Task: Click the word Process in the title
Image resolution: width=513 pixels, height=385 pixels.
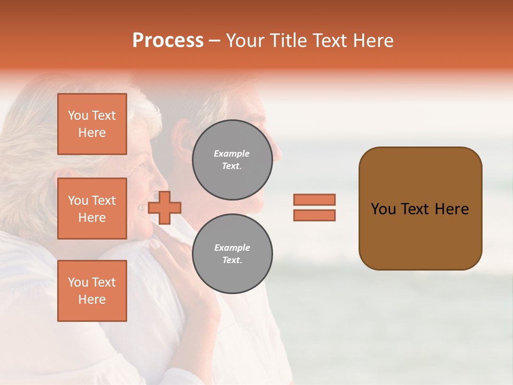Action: coord(168,41)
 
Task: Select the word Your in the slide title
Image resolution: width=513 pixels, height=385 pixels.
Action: coord(245,41)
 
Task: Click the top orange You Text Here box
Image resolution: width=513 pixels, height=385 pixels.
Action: coord(92,124)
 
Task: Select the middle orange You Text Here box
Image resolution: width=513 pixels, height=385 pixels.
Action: coord(92,209)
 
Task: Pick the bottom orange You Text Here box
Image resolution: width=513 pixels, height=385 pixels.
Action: coord(92,291)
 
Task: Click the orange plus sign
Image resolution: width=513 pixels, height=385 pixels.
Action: coord(165,208)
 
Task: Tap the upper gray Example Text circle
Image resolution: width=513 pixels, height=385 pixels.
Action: coord(232,160)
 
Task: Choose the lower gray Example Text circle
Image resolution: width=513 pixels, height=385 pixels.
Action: coord(232,254)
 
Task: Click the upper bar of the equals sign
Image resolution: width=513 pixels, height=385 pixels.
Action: coord(314,199)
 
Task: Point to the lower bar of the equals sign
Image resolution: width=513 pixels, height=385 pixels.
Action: coord(314,215)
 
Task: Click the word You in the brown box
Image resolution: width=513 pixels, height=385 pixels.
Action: coord(383,209)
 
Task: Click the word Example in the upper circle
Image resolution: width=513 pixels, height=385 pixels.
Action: coord(232,153)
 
